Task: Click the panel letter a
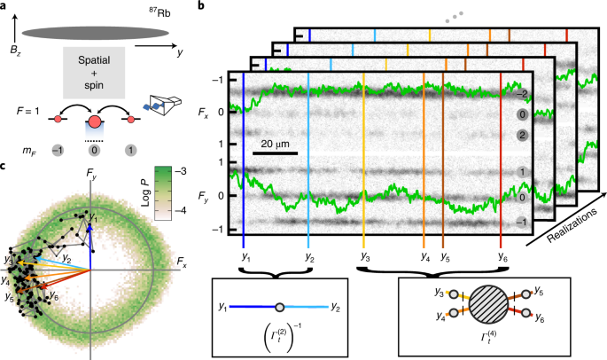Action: click(5, 7)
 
